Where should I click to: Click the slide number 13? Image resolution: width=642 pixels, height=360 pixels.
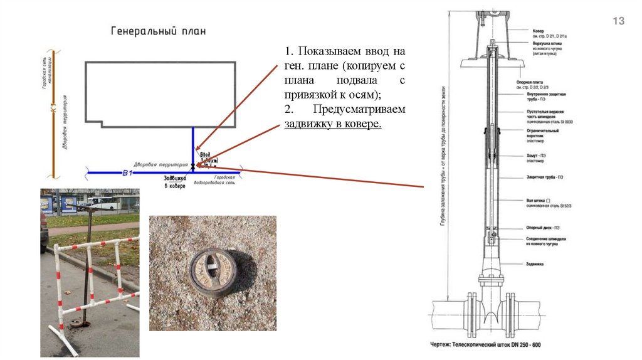point(618,22)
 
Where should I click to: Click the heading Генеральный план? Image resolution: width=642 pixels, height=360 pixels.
point(159,30)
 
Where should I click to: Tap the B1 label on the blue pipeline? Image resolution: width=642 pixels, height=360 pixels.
point(127,172)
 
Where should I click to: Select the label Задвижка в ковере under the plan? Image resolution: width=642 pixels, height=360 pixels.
point(174,182)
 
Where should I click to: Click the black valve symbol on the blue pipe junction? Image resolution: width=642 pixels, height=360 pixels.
point(193,165)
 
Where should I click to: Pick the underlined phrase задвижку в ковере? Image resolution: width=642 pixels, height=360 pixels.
point(332,124)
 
